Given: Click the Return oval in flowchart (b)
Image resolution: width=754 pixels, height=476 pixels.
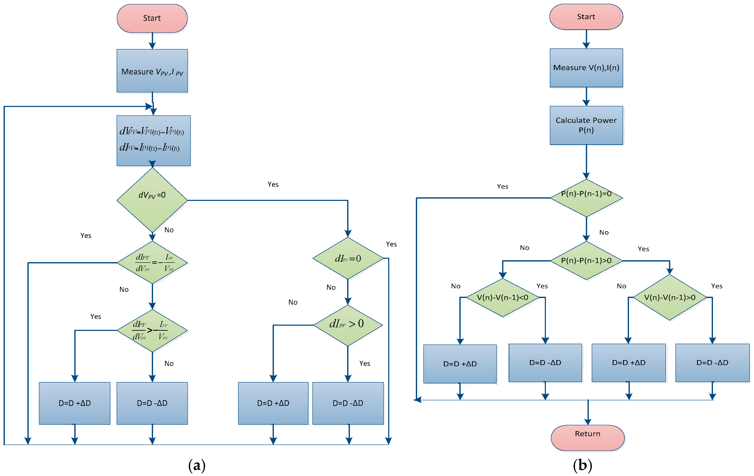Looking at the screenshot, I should point(587,437).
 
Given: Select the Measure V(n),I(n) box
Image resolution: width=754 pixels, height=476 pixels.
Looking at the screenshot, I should point(586,68).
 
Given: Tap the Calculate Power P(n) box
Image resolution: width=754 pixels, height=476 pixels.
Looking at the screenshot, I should point(586,125).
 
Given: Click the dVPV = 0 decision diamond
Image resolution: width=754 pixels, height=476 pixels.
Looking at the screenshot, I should point(152,200).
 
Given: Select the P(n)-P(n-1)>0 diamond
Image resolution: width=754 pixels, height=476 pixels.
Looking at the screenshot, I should point(586,261).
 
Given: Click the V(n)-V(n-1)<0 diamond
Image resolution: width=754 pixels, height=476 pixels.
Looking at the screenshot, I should point(503,297).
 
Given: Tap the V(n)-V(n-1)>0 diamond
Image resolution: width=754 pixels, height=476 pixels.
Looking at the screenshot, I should point(669,297).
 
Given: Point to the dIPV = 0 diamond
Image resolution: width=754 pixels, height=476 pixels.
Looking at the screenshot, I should point(348,258).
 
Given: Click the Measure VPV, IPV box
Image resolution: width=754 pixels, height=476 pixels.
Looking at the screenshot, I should point(152,71).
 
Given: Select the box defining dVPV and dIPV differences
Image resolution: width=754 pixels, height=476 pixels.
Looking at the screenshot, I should point(153,140).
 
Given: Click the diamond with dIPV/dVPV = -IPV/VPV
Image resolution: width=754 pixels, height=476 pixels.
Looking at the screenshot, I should point(152,263).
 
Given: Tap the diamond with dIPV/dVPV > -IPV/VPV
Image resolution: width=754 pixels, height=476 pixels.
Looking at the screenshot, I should point(152,330).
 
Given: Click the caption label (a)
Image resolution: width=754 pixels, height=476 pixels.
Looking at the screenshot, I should point(197,465).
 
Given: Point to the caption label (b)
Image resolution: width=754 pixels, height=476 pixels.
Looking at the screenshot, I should point(583,465).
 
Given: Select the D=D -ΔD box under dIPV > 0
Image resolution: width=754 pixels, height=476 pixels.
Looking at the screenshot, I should point(348,403).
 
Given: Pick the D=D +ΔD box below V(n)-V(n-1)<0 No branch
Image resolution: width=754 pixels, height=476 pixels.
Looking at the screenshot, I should point(460,364).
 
